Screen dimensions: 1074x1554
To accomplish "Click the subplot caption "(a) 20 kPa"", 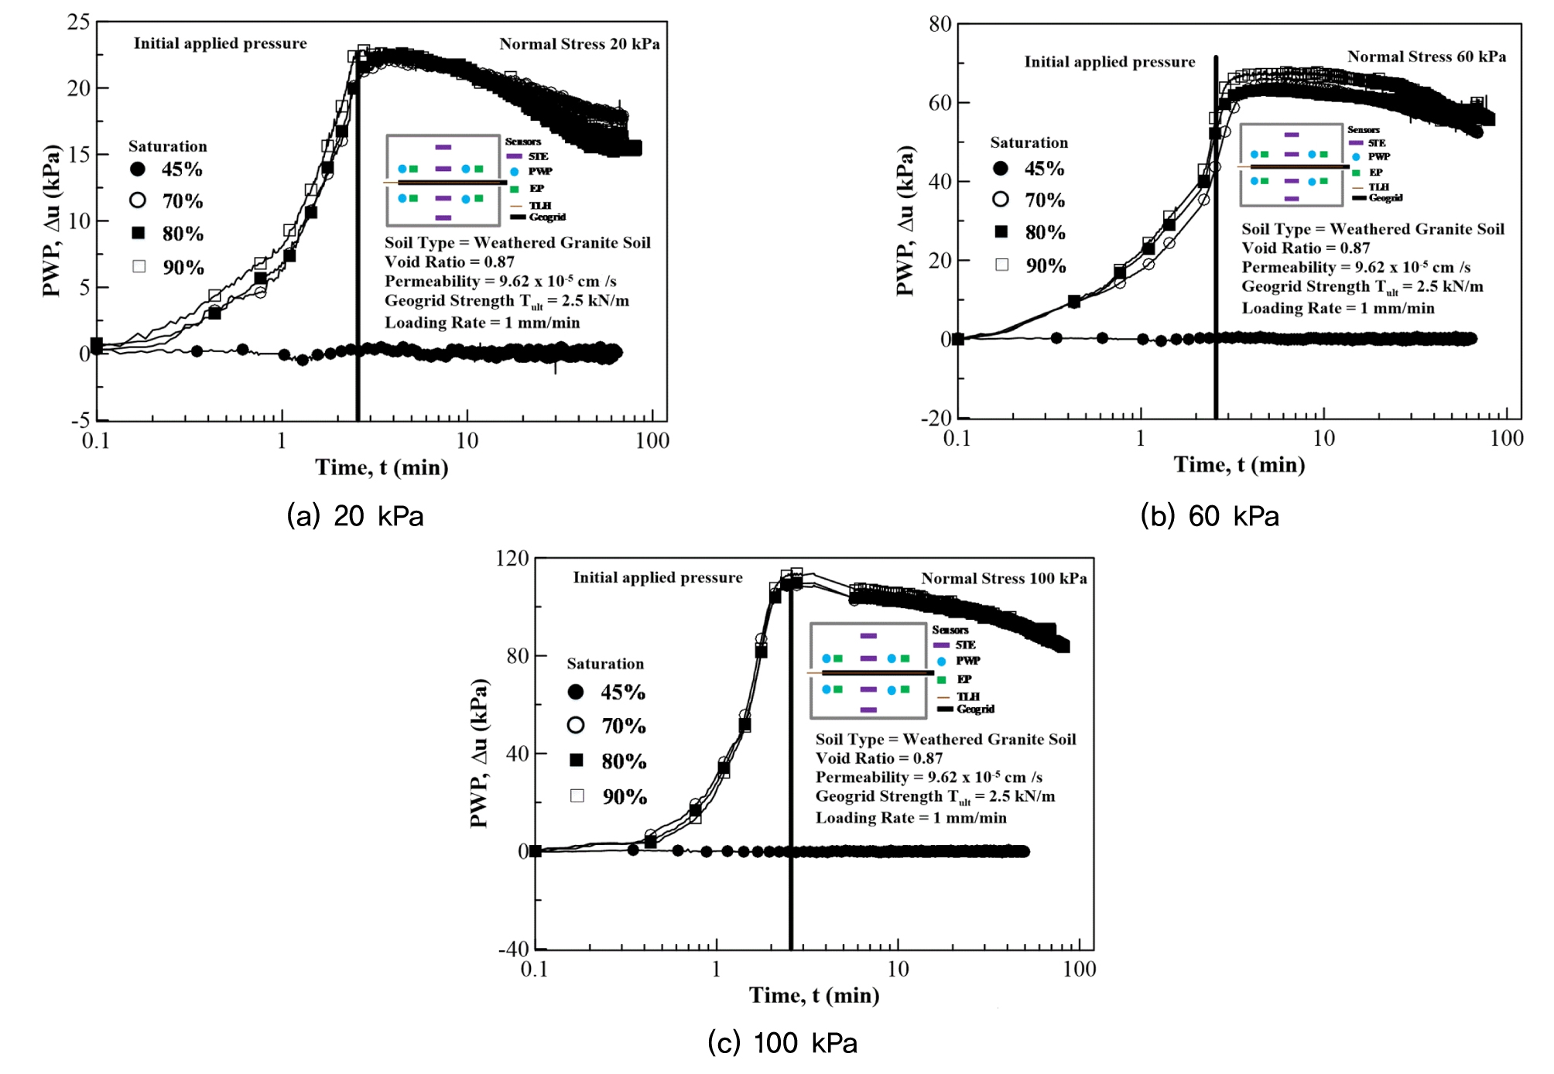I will point(355,516).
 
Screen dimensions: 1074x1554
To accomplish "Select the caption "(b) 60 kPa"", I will point(1210,516).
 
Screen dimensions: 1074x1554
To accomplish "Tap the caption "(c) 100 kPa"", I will point(782,1043).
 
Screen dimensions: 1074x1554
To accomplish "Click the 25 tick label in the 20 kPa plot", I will point(78,22).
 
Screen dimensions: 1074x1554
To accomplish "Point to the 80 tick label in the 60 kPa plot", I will point(940,24).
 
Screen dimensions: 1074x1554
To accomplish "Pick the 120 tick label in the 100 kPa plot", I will point(512,559).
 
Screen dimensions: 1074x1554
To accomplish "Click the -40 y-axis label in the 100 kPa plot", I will point(513,949).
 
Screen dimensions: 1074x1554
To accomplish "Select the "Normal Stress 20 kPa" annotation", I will point(579,44).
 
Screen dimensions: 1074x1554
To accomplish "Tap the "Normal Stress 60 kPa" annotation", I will point(1426,56).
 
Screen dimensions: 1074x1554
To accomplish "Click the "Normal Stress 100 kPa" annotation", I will point(1004,579).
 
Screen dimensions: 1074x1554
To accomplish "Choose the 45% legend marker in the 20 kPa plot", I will point(138,169).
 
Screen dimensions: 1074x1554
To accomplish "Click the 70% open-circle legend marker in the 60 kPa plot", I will point(1001,200).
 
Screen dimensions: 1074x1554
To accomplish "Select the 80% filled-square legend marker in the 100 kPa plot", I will point(577,761).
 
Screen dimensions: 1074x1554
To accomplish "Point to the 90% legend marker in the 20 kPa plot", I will point(139,267).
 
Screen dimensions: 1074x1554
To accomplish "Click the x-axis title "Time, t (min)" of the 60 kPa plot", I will point(1239,464).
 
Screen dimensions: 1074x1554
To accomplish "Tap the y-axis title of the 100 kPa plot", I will point(480,753).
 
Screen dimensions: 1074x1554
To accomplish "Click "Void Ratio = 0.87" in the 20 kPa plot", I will point(449,262).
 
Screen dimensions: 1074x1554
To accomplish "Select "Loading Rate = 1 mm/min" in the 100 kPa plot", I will point(911,818).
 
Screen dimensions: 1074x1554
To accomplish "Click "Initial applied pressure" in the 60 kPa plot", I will point(1109,62).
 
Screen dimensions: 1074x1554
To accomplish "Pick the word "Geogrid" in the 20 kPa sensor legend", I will point(547,217).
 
